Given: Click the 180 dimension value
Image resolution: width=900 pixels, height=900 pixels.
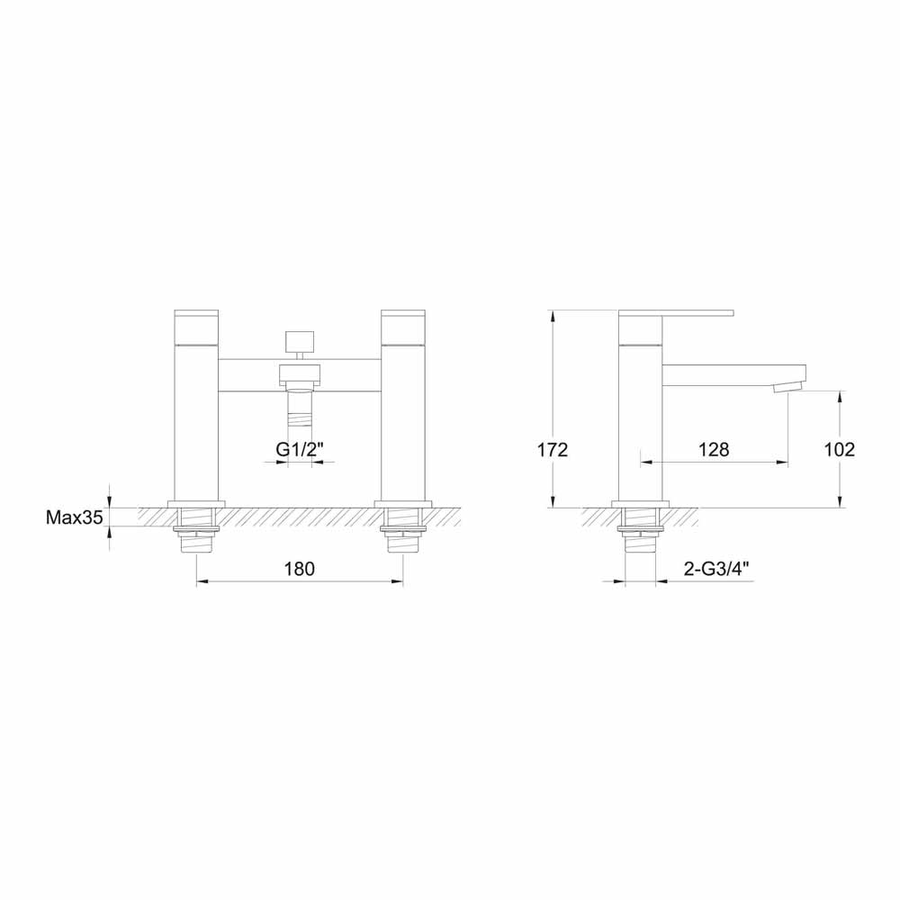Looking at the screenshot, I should [x=299, y=569].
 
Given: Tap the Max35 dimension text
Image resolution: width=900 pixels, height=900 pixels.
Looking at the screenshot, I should [x=75, y=517].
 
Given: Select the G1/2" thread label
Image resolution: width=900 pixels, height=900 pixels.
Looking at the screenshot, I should [x=299, y=449].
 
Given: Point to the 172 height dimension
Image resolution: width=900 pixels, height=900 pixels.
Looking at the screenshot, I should [x=552, y=450].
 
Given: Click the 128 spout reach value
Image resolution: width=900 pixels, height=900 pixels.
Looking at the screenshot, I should [x=713, y=450].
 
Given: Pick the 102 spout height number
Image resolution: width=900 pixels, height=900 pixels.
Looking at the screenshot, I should [x=839, y=450].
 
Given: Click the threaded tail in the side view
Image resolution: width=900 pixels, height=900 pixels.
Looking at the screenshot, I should [x=640, y=531].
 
